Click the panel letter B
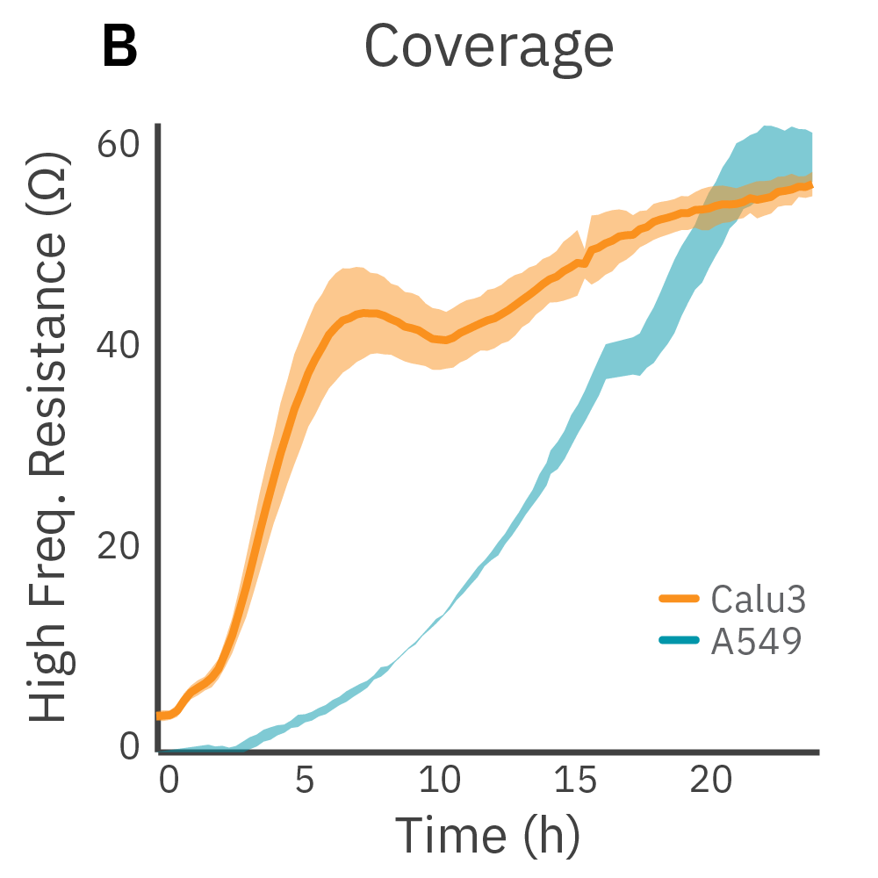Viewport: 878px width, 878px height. (x=120, y=47)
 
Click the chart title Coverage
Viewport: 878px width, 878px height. (x=488, y=47)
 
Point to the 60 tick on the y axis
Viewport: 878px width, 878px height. (x=119, y=144)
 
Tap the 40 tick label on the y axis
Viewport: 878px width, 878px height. (x=119, y=345)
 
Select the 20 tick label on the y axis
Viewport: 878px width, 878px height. (x=119, y=546)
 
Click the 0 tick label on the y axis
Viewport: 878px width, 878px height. (x=130, y=747)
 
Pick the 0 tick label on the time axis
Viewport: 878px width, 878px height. (x=169, y=780)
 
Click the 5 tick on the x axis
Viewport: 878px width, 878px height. (x=305, y=780)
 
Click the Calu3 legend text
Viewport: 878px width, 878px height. (x=758, y=601)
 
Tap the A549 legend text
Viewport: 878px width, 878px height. (x=756, y=642)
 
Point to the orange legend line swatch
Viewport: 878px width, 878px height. (x=679, y=600)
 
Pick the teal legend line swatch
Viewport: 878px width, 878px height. (x=679, y=641)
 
